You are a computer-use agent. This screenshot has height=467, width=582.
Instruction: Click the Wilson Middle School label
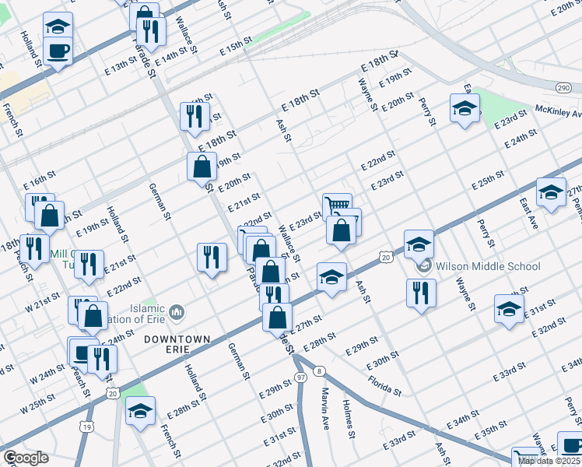point(488,267)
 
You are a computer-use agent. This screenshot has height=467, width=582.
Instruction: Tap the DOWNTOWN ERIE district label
point(177,345)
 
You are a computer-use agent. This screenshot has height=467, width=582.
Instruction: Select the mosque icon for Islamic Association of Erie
point(177,312)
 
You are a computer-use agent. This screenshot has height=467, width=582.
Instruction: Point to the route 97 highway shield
point(300,376)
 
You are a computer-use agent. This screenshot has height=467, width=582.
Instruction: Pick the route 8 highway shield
point(319,372)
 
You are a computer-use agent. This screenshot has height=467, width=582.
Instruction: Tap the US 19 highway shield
point(86,427)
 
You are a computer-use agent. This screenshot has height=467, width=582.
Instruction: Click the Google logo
point(26,458)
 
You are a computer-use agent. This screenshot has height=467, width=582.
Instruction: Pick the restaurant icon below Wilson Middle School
point(421,293)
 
